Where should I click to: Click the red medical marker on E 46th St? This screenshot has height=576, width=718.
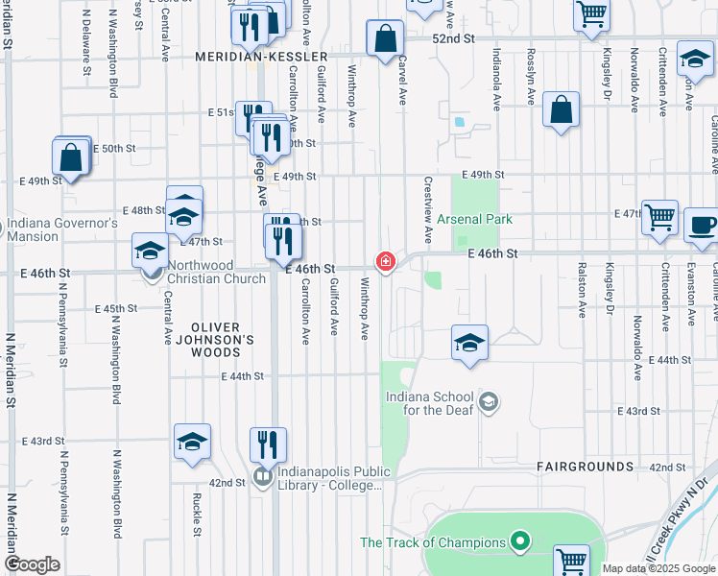[386, 261]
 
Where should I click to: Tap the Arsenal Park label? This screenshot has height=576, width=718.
[474, 220]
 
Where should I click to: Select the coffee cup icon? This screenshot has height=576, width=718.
[702, 227]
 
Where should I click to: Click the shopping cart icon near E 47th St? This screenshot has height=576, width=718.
[660, 218]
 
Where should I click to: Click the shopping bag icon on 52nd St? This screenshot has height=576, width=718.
[385, 39]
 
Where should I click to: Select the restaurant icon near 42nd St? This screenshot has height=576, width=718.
[268, 443]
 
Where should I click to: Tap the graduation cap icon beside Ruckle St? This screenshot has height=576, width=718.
[192, 441]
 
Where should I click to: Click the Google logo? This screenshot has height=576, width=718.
[33, 564]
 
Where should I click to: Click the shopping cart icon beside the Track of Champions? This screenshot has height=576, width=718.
[571, 561]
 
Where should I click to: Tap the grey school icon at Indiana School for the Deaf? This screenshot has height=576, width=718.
[490, 401]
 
